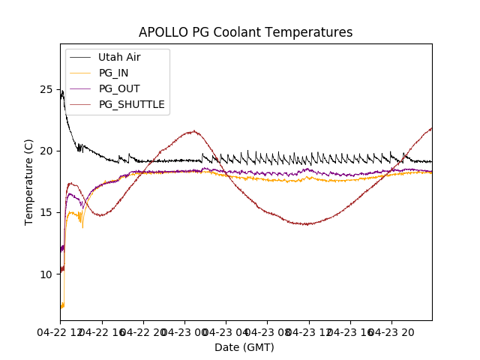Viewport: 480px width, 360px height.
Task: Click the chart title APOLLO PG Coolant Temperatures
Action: tap(245, 32)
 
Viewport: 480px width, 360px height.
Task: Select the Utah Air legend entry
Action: tap(119, 57)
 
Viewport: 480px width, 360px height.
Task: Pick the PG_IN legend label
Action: tap(114, 73)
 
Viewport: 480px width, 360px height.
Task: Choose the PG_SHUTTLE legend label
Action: tap(131, 104)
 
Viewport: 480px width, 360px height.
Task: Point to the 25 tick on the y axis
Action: tap(46, 89)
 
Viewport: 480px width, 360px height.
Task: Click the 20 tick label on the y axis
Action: tap(46, 151)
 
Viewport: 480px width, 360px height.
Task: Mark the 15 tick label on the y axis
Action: tap(46, 212)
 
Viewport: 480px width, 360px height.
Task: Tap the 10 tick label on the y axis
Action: tap(46, 274)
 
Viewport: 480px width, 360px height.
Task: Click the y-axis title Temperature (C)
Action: tap(29, 181)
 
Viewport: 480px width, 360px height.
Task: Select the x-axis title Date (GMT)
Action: tap(244, 347)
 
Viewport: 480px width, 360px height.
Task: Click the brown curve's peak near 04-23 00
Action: tap(193, 131)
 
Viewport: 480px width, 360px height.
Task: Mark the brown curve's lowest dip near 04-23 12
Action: tap(306, 224)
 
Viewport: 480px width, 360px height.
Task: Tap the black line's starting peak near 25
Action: tap(62, 92)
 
